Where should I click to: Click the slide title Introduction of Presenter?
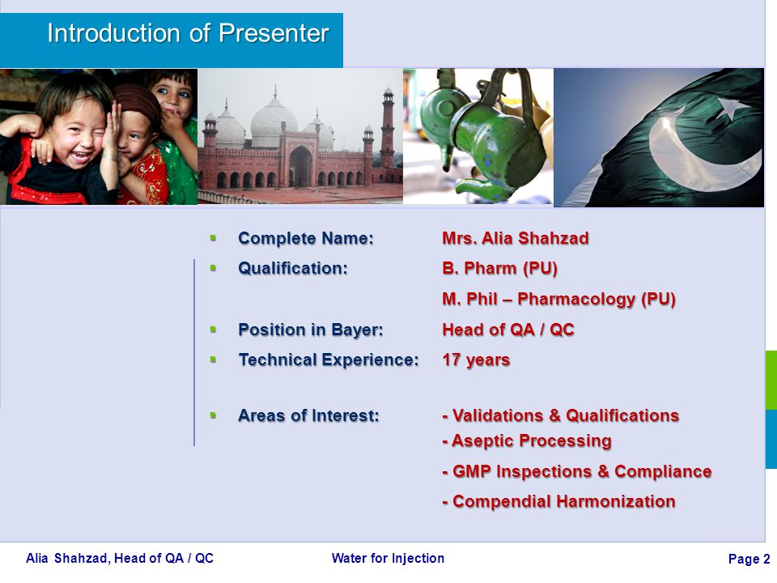click(x=189, y=33)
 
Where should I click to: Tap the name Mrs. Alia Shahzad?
click(x=516, y=238)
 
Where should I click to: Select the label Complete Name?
click(x=306, y=238)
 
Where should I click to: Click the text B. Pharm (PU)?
click(x=499, y=268)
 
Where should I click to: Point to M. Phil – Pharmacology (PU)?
click(x=559, y=299)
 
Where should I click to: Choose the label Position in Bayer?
click(x=311, y=330)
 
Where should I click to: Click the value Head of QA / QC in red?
click(x=508, y=330)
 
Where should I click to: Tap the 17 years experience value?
click(x=476, y=360)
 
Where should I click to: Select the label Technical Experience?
click(x=329, y=360)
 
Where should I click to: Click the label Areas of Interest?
click(x=308, y=415)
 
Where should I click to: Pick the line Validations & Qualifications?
click(x=560, y=415)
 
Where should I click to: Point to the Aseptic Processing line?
click(x=527, y=440)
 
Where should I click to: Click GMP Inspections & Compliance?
click(x=577, y=471)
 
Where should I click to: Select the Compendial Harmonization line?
click(x=559, y=501)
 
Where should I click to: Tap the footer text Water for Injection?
click(x=388, y=558)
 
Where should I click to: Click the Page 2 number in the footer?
click(x=749, y=560)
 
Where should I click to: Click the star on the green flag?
click(x=730, y=109)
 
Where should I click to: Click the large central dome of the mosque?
click(x=274, y=121)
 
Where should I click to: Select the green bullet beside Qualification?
click(x=213, y=268)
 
